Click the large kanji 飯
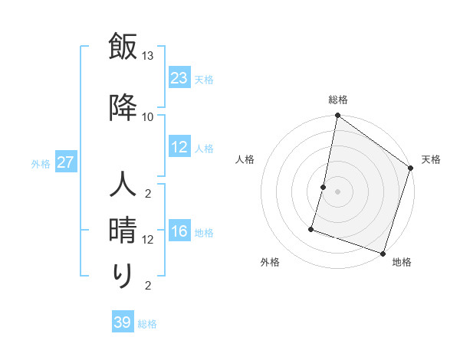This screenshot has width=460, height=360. pyautogui.click(x=123, y=47)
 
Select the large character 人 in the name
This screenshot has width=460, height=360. pyautogui.click(x=123, y=186)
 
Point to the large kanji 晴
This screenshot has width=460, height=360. pyautogui.click(x=123, y=231)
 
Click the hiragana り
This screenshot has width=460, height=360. pyautogui.click(x=123, y=276)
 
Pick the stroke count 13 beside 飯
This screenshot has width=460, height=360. pyautogui.click(x=148, y=56)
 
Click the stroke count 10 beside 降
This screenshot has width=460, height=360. pyautogui.click(x=148, y=116)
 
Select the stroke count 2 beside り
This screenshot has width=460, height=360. pyautogui.click(x=148, y=286)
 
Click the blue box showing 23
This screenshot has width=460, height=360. pyautogui.click(x=179, y=77)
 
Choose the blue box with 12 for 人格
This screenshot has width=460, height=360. pyautogui.click(x=179, y=147)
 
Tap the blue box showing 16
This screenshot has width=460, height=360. pyautogui.click(x=179, y=231)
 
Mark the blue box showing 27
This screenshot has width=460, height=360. pyautogui.click(x=66, y=162)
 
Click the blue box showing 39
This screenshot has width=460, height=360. pyautogui.click(x=123, y=322)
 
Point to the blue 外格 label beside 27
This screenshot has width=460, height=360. pyautogui.click(x=41, y=163)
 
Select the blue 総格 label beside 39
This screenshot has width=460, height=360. pyautogui.click(x=147, y=324)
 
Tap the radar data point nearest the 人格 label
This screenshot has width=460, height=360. pyautogui.click(x=324, y=187)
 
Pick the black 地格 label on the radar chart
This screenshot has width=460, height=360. pyautogui.click(x=402, y=263)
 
